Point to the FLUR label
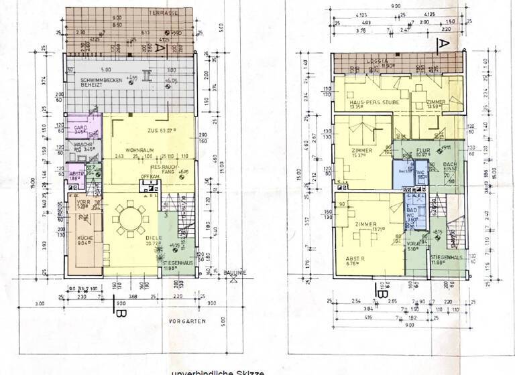pos(422,151)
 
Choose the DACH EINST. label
pos(451,169)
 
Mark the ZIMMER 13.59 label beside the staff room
pos(439,102)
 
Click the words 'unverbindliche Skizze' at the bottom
pos(213,370)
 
